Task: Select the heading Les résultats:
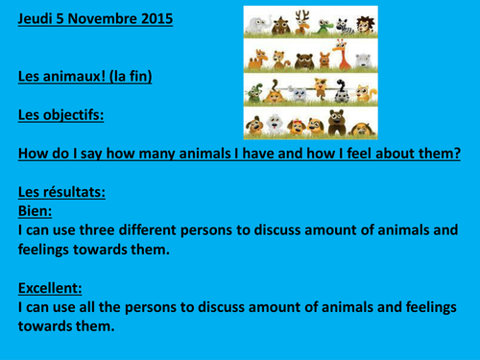coord(61,192)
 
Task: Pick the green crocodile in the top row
coord(324,28)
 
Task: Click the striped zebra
coord(345,26)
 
